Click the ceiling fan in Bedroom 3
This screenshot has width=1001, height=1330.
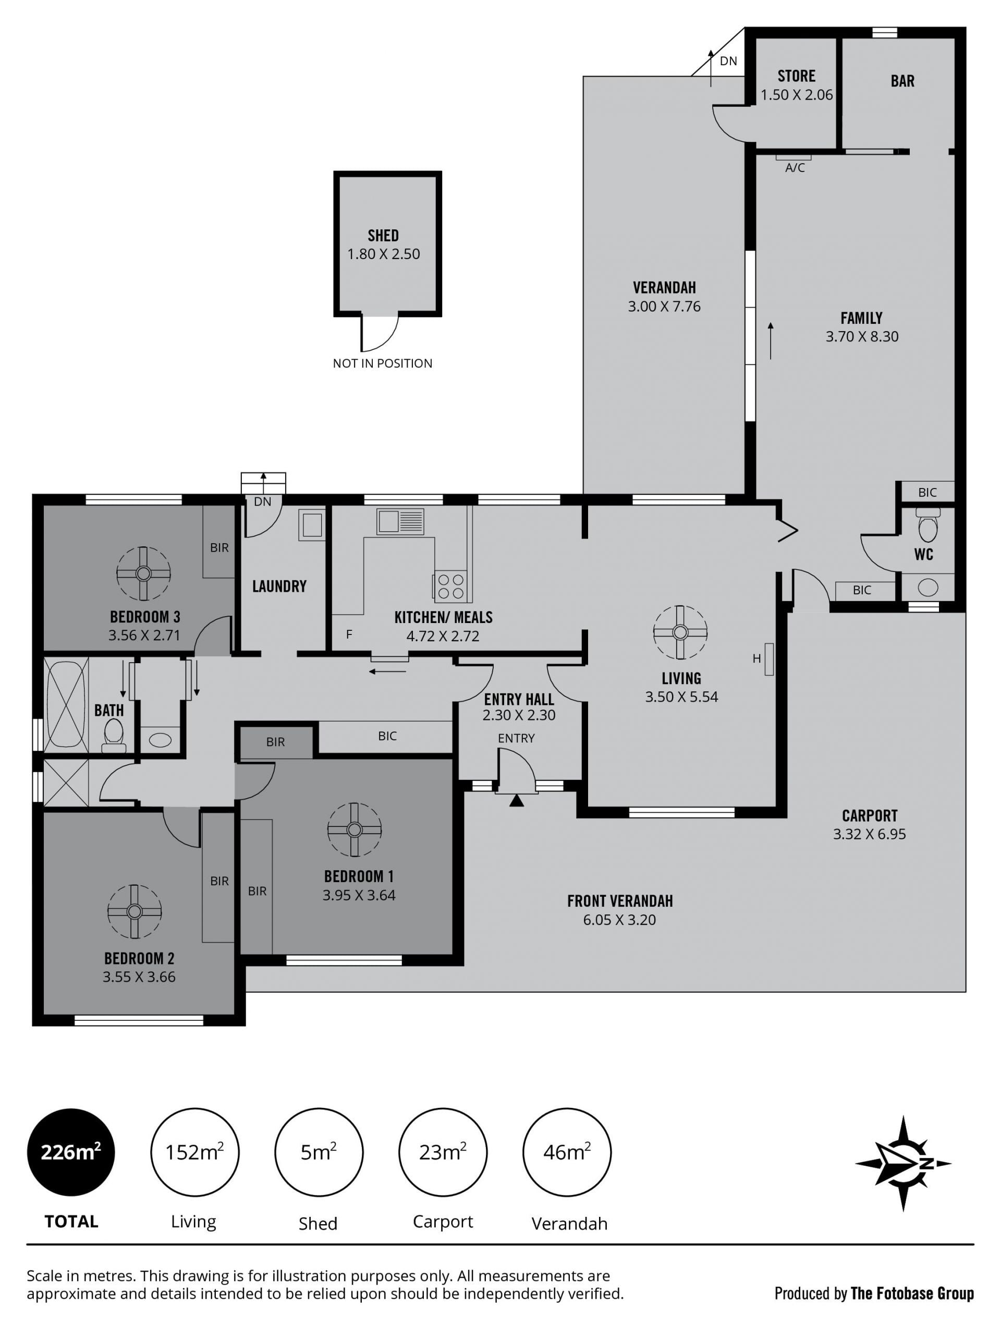tap(143, 573)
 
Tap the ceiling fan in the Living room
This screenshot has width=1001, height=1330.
tap(680, 632)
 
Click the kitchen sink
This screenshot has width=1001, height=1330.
tap(400, 521)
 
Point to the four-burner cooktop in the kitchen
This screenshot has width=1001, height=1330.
tap(451, 586)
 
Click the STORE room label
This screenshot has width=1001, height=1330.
tap(796, 76)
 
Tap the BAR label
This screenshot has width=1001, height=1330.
tap(902, 81)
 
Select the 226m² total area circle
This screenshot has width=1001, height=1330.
tap(71, 1152)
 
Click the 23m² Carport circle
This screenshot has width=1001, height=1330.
tap(443, 1152)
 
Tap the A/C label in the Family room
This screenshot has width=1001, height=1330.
tap(795, 168)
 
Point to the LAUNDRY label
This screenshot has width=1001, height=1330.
tap(279, 586)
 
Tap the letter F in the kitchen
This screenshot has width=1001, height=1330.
tap(349, 635)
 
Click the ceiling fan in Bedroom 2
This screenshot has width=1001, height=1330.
tap(134, 911)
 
